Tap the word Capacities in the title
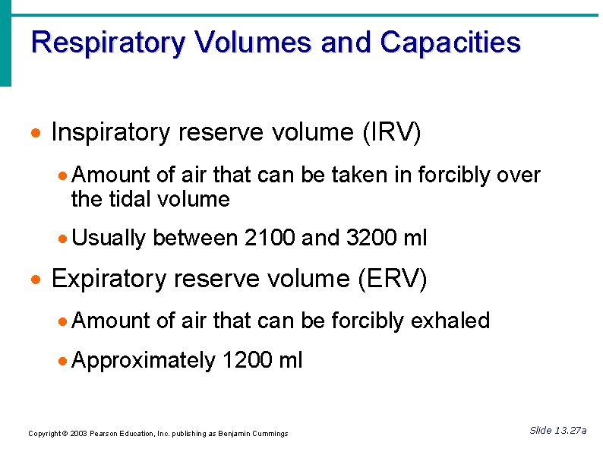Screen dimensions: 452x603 (x=450, y=43)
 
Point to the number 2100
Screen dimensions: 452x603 (x=270, y=239)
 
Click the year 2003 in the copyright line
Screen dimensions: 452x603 (x=76, y=434)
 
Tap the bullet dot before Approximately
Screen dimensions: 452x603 (x=64, y=361)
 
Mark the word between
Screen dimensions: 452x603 (x=195, y=239)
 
